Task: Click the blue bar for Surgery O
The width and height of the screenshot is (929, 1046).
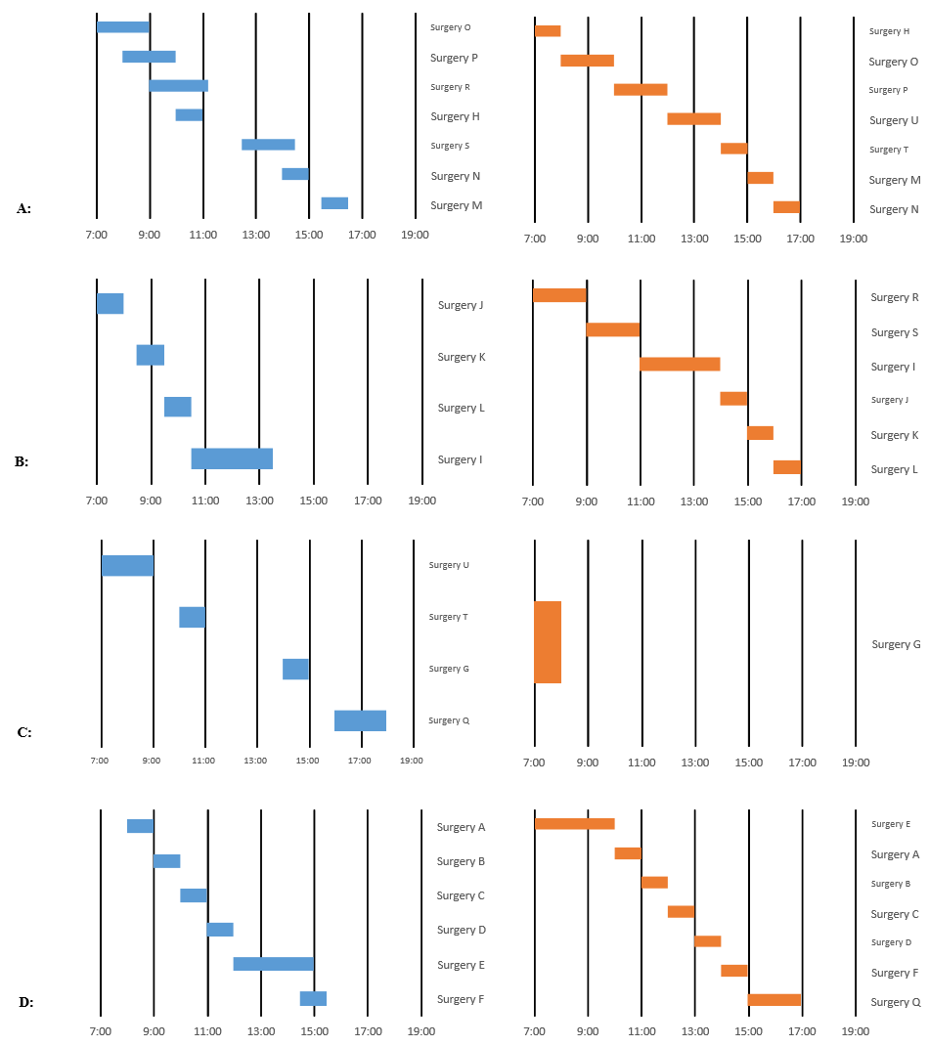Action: [123, 27]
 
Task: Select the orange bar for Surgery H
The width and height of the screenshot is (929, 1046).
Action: [548, 31]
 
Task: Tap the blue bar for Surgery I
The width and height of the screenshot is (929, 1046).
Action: [232, 458]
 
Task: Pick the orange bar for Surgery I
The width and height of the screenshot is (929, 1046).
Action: [680, 365]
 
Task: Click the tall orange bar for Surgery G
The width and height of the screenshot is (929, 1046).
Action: [548, 642]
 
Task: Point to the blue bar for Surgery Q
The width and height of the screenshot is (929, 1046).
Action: [360, 720]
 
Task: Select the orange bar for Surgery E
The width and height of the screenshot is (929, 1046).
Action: [575, 824]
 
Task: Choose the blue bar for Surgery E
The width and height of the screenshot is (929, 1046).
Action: [274, 964]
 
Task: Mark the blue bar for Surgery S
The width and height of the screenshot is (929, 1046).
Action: [268, 145]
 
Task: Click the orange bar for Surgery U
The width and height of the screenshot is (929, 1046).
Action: [693, 119]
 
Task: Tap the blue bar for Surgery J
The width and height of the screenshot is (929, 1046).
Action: [111, 304]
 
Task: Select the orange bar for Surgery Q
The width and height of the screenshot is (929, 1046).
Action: [774, 1000]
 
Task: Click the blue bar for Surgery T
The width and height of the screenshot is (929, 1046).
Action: [192, 617]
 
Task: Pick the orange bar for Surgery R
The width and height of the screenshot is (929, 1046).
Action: [559, 295]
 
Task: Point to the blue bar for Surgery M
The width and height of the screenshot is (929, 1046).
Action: [334, 203]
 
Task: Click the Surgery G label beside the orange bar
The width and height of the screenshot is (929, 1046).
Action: [896, 644]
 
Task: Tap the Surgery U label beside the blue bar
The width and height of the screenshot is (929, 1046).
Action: [449, 565]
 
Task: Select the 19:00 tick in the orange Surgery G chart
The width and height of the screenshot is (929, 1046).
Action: [855, 763]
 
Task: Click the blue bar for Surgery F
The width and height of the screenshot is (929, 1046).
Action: [313, 998]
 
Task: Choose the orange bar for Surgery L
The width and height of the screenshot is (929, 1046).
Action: [787, 467]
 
